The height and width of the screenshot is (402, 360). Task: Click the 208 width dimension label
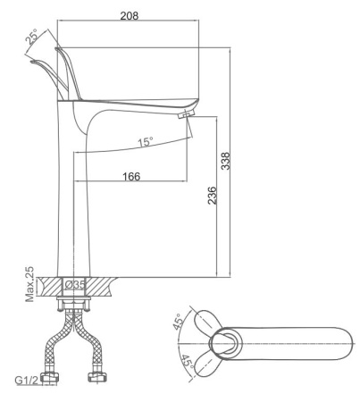pyautogui.click(x=130, y=15)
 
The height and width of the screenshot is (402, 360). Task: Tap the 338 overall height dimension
pyautogui.click(x=226, y=161)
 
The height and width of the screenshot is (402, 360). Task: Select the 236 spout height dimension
pyautogui.click(x=212, y=196)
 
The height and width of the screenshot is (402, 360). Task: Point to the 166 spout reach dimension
pyautogui.click(x=131, y=176)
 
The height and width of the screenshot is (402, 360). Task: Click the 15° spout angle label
pyautogui.click(x=146, y=142)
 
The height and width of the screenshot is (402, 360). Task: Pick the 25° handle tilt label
pyautogui.click(x=31, y=37)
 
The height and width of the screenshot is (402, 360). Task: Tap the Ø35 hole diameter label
pyautogui.click(x=75, y=285)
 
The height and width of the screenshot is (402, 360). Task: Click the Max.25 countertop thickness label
pyautogui.click(x=29, y=284)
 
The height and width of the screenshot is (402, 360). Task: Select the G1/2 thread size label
pyautogui.click(x=27, y=381)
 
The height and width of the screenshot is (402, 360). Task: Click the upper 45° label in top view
pyautogui.click(x=178, y=322)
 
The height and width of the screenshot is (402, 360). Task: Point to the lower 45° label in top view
pyautogui.click(x=188, y=362)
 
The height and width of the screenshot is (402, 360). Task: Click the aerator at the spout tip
pyautogui.click(x=186, y=113)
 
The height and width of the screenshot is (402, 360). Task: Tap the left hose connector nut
pyautogui.click(x=49, y=378)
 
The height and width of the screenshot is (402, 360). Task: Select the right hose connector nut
pyautogui.click(x=97, y=377)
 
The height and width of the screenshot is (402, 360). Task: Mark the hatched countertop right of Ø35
pyautogui.click(x=100, y=286)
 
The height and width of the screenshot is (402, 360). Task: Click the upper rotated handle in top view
pyautogui.click(x=208, y=322)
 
